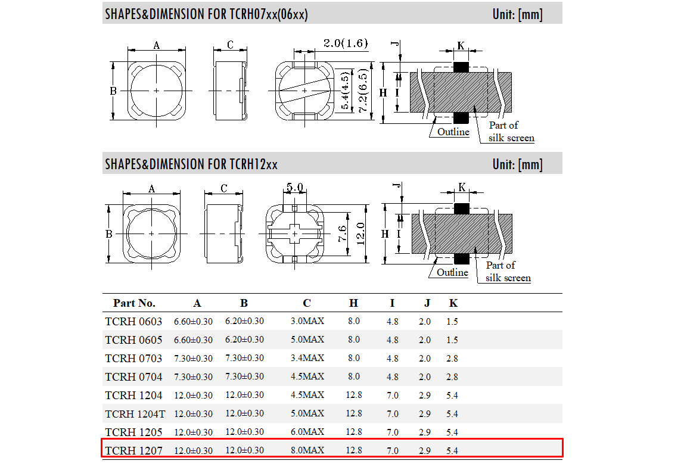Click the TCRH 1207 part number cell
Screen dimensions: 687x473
pyautogui.click(x=133, y=451)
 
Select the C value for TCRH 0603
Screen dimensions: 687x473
pyautogui.click(x=307, y=321)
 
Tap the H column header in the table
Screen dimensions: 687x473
pyautogui.click(x=353, y=303)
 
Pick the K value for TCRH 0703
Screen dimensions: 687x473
pyautogui.click(x=452, y=358)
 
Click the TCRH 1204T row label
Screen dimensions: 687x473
pyautogui.click(x=135, y=414)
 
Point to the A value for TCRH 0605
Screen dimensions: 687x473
pyautogui.click(x=193, y=340)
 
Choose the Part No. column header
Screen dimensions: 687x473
pyautogui.click(x=134, y=303)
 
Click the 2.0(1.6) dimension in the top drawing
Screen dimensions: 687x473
pyautogui.click(x=346, y=43)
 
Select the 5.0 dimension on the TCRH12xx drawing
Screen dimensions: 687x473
pyautogui.click(x=295, y=188)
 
